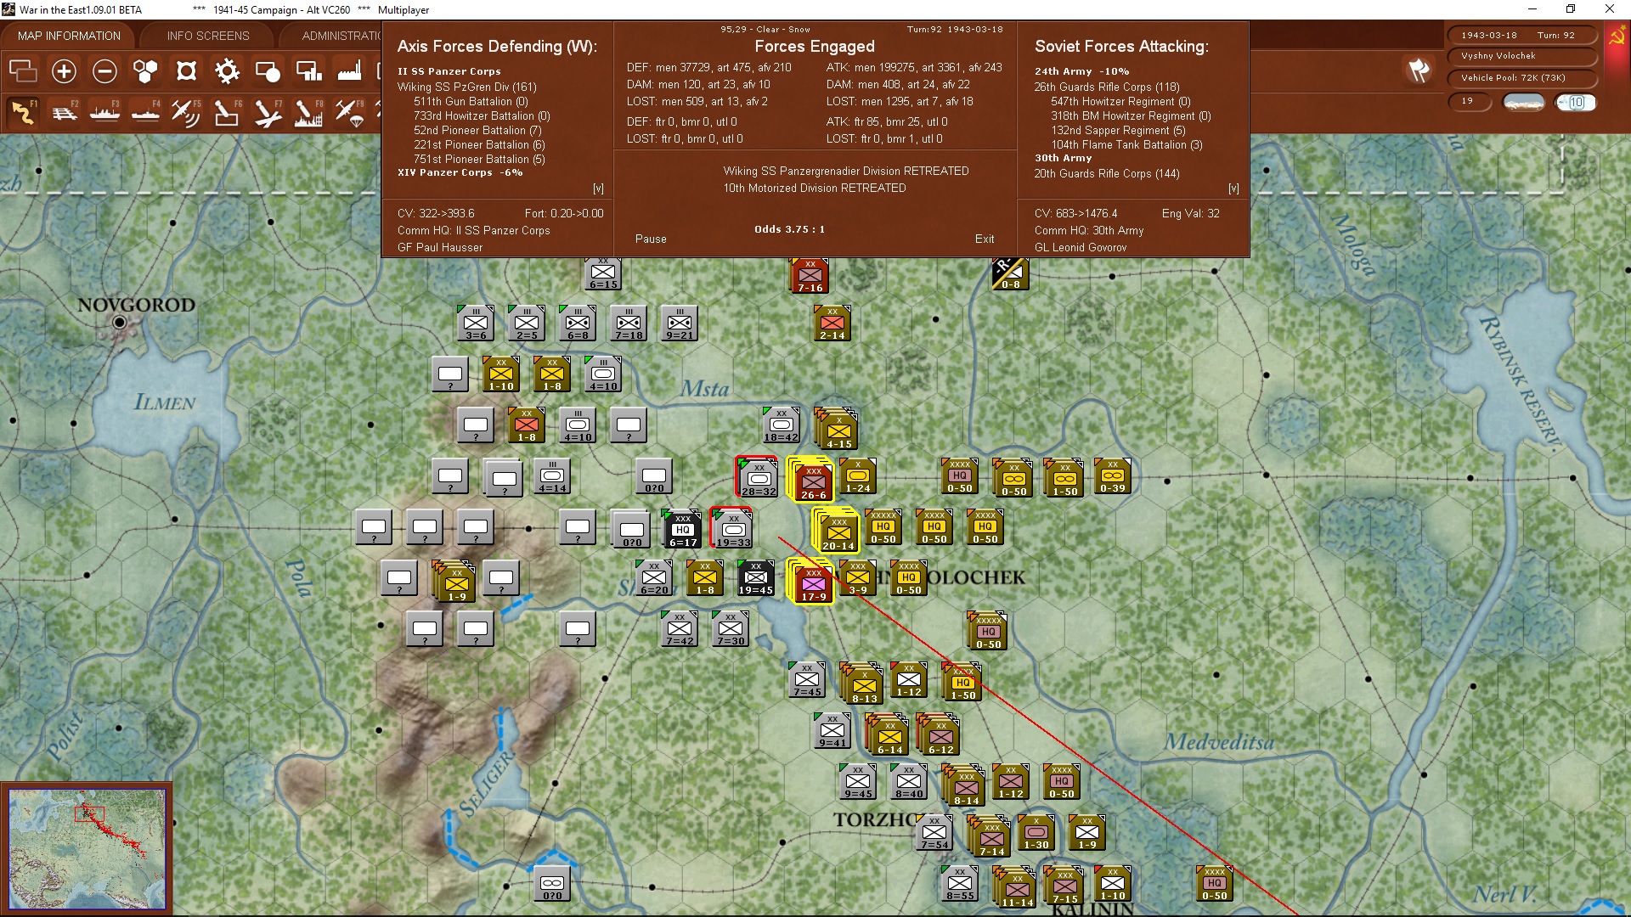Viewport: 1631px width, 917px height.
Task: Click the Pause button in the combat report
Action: click(651, 239)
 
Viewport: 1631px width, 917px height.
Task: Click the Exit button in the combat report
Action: click(985, 239)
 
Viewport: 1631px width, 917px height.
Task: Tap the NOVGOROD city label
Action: click(136, 305)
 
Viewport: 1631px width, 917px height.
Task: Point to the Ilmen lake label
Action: click(165, 402)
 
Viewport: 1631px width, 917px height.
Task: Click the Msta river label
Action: click(704, 389)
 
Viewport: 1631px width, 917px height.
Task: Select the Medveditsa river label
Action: click(1219, 742)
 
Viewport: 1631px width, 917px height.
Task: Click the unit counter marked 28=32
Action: click(758, 478)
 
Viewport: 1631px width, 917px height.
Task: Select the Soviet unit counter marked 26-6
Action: click(813, 481)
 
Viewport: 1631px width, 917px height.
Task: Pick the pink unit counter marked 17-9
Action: click(813, 583)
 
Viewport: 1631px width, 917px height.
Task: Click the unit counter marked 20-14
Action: click(838, 532)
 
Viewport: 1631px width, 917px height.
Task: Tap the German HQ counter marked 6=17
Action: click(682, 529)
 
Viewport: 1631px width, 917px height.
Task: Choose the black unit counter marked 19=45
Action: click(755, 578)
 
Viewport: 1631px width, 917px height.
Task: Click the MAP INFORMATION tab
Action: click(69, 36)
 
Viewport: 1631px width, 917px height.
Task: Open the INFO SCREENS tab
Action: click(208, 36)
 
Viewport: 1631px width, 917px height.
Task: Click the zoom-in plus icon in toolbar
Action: click(64, 71)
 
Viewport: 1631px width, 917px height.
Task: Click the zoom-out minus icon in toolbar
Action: click(104, 71)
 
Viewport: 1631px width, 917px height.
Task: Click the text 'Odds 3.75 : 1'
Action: click(789, 229)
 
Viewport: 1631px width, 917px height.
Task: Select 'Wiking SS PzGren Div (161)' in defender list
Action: click(466, 87)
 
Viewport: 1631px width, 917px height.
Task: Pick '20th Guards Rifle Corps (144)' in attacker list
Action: click(1106, 173)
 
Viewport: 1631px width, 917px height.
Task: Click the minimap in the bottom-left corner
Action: click(87, 848)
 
